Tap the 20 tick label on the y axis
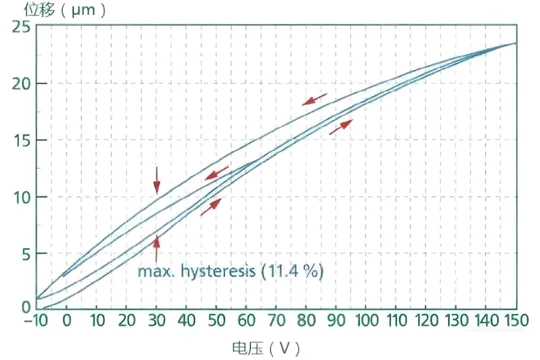click(21, 83)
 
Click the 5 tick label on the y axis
click(25, 254)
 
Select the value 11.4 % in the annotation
click(293, 272)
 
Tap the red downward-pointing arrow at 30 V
click(156, 180)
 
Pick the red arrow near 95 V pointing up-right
click(341, 127)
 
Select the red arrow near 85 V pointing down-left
click(314, 99)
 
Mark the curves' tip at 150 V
click(515, 43)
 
